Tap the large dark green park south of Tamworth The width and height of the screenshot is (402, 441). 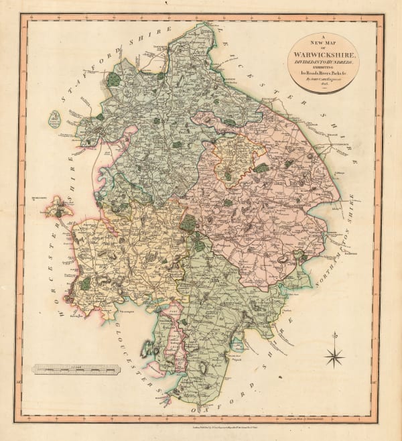coord(114,78)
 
